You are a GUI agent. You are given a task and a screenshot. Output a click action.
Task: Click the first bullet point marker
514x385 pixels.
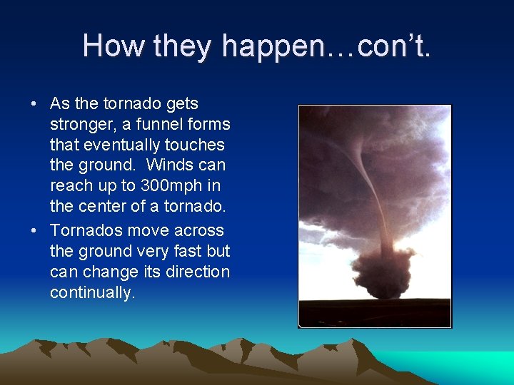pos(34,104)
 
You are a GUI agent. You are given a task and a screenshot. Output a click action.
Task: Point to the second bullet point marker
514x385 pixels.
pos(34,231)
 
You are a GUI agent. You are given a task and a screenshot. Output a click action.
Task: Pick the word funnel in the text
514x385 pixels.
pos(150,125)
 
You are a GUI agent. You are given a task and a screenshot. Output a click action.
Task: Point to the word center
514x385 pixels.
pos(100,207)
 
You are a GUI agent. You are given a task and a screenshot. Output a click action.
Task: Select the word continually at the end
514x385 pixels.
pos(91,293)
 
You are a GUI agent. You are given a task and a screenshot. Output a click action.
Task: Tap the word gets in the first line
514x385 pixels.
pos(182,104)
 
